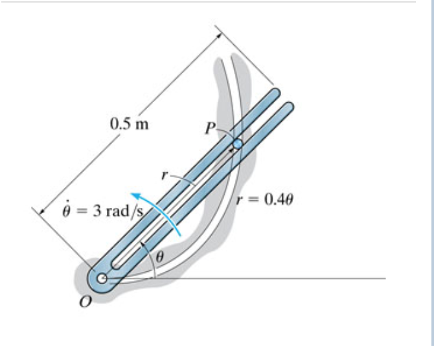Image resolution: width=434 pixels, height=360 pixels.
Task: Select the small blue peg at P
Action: point(238,144)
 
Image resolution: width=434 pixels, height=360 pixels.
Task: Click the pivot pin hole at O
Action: point(102,279)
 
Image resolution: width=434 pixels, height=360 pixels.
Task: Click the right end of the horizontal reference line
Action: point(385,279)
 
